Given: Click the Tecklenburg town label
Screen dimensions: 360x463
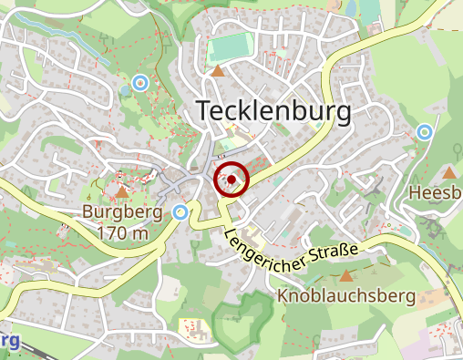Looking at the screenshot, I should click(273, 111).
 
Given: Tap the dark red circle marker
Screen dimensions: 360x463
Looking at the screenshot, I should click(232, 180).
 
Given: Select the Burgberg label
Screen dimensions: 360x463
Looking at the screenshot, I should click(122, 212).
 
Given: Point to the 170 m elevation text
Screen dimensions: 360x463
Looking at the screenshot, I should click(122, 232).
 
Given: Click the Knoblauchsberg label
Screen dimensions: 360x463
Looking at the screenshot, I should click(346, 296).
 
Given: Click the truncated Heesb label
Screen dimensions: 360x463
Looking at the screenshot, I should click(436, 193).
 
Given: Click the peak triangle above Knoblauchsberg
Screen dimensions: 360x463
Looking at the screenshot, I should click(345, 274).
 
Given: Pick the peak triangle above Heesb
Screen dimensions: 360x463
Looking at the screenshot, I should click(449, 171).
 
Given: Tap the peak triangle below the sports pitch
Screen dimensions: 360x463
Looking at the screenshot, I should click(217, 70).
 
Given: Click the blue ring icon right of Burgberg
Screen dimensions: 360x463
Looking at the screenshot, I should click(180, 212).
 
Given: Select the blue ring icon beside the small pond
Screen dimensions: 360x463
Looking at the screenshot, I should click(139, 83).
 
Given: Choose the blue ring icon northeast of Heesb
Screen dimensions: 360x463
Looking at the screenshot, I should click(424, 132).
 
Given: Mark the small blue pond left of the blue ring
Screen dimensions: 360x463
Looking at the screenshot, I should click(125, 91).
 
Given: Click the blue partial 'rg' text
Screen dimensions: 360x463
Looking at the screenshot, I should click(9, 340).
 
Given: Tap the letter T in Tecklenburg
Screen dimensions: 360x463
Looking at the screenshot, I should click(205, 111).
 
